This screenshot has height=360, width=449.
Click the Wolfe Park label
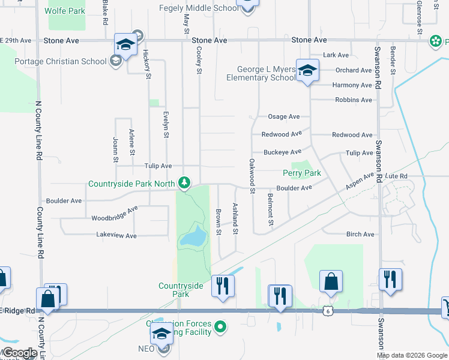coord(65,11)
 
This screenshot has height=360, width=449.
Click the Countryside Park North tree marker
coord(185,182)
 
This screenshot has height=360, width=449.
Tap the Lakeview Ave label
coord(116,236)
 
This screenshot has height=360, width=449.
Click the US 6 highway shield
coord(326,310)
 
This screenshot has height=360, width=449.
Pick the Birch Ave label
coord(360,235)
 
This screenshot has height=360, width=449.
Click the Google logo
coord(19,353)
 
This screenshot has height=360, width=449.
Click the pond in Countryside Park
coord(193,236)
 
